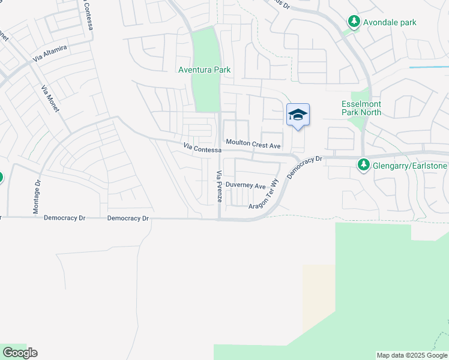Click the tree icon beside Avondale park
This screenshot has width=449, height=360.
point(354,22)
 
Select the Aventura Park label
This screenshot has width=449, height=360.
point(205,70)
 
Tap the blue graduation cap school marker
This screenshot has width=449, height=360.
point(298,115)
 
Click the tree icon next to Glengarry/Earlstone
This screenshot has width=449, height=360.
point(363,164)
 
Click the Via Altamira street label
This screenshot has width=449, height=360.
point(50,54)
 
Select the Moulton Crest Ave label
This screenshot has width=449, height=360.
point(253,145)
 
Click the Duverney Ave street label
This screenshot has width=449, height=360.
point(246,186)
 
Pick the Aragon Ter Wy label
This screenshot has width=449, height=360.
point(265,193)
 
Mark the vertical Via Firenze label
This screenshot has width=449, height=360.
point(219,187)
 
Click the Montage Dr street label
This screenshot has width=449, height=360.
point(36,196)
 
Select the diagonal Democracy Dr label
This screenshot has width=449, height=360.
point(305,168)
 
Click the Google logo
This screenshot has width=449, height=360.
point(20,353)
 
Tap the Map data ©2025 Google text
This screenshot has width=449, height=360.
point(412,355)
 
